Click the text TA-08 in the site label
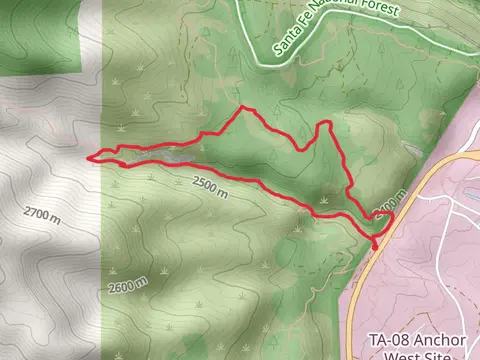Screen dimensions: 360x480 coord(388,339)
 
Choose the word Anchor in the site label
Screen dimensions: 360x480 coord(438,339)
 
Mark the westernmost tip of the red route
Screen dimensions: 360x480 coord(91,157)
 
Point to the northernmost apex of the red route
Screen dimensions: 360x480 coord(243,108)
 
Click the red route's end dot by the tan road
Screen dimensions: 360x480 coord(377,244)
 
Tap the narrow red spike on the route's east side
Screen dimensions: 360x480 coord(325,124)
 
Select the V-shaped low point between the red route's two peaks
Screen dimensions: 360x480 coord(303,150)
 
